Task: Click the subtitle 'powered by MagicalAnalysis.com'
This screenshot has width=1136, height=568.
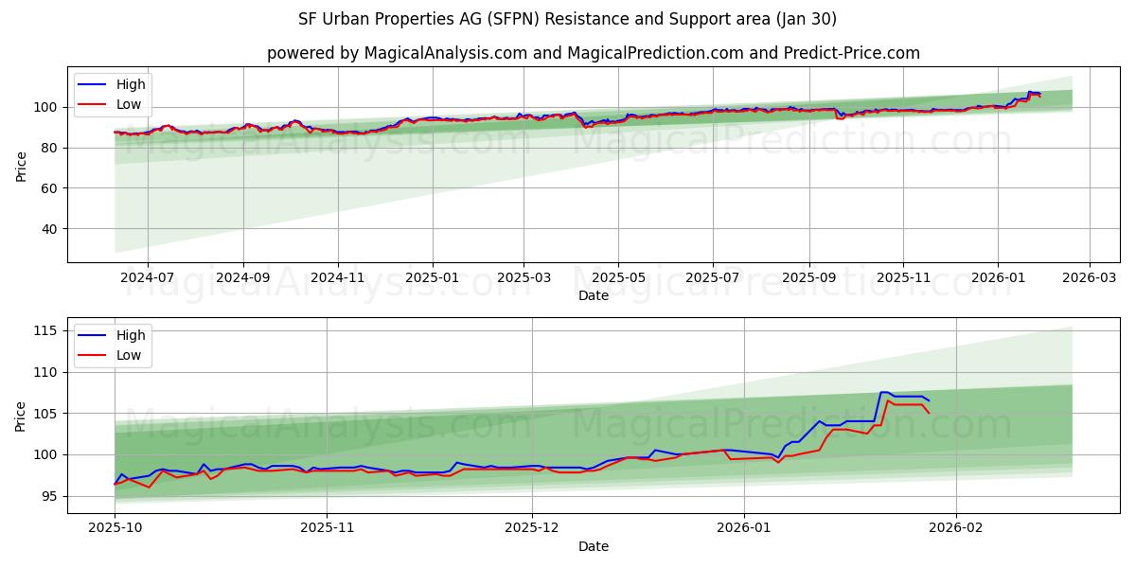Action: coord(594,53)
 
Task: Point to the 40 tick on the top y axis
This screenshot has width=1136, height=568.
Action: coord(49,229)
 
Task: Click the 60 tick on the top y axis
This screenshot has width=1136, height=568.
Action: coord(49,188)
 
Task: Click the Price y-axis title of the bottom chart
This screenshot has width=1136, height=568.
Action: coord(21,416)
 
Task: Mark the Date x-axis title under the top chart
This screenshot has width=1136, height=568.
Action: coord(594,296)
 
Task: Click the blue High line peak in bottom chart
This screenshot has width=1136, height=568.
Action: coord(884,392)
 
